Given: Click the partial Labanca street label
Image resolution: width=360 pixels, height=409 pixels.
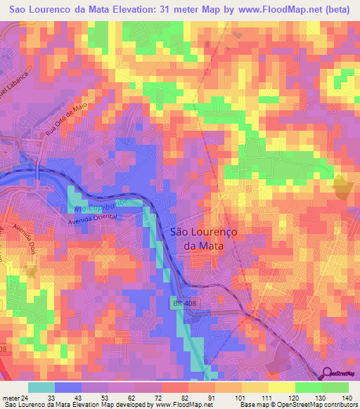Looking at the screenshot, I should tap(11, 84).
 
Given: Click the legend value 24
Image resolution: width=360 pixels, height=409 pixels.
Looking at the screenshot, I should tap(26, 397).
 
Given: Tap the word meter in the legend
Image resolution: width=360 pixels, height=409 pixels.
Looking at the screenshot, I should tap(11, 397).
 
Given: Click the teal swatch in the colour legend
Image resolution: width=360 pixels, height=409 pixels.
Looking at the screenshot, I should tap(41, 387).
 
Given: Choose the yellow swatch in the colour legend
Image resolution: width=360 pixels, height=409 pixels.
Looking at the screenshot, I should tap(256, 387).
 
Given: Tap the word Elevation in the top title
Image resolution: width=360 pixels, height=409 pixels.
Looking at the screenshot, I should tap(139, 9).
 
